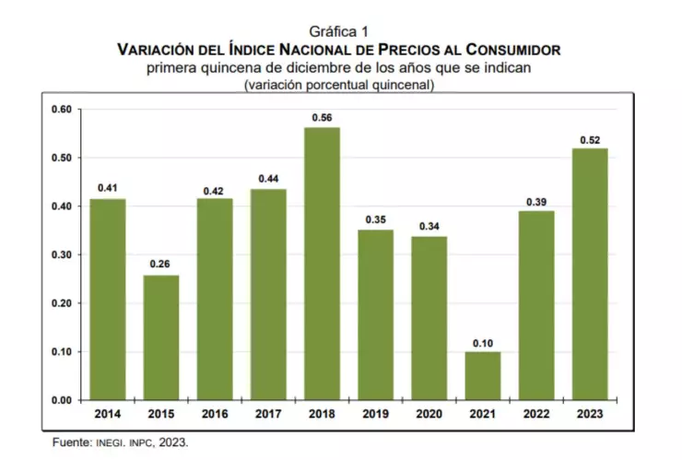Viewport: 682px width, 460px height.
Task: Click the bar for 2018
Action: [322, 264]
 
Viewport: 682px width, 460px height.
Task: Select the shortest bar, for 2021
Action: [482, 375]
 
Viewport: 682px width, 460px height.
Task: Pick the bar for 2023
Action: [589, 274]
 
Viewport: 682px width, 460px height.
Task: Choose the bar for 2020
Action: [429, 318]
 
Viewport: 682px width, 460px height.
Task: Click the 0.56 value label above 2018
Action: [322, 117]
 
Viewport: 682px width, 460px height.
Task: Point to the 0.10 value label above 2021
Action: [482, 342]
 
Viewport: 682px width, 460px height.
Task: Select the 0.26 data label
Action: [161, 265]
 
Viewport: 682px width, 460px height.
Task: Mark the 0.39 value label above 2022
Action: [535, 202]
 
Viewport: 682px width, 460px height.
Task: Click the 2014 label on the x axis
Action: [108, 414]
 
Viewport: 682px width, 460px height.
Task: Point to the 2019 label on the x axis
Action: [375, 414]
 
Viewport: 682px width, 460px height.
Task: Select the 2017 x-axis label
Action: [268, 414]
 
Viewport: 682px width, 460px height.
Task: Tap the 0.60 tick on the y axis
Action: [61, 110]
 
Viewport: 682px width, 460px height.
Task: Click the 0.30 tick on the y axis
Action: [61, 254]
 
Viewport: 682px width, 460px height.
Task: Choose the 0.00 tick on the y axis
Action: [61, 400]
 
